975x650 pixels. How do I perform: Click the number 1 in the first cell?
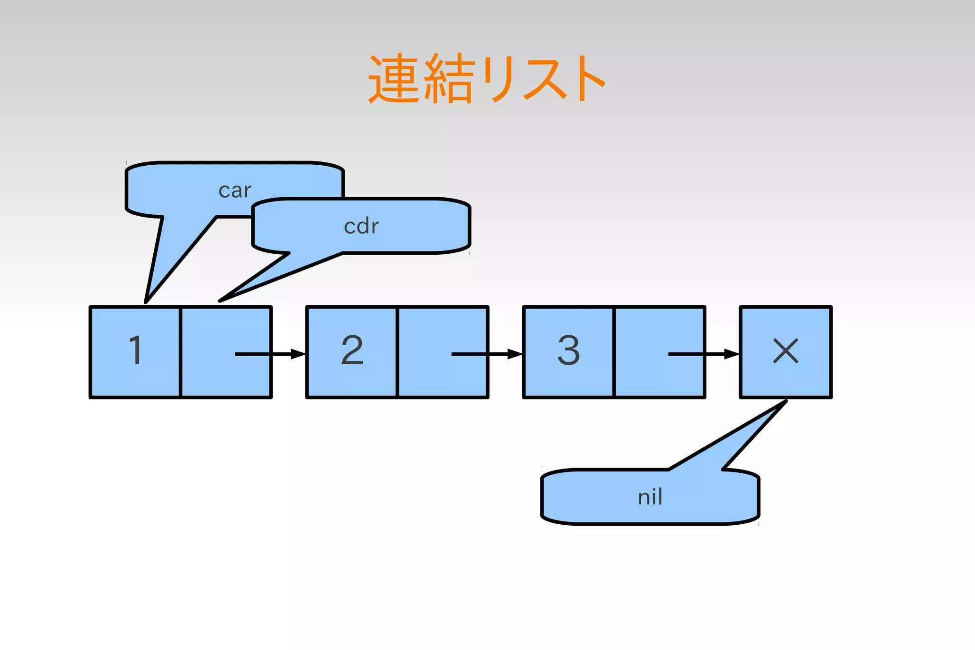point(136,350)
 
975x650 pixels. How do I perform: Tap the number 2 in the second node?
point(352,350)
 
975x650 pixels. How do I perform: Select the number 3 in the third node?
point(568,350)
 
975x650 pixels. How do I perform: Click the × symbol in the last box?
point(786,351)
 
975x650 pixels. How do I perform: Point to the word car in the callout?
point(235,190)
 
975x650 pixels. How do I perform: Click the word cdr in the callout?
point(361,226)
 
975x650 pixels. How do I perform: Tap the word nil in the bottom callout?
point(650,497)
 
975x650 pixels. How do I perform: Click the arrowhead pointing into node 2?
point(298,354)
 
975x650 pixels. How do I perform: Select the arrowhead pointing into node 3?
point(515,354)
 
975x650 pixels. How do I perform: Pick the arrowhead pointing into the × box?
point(732,354)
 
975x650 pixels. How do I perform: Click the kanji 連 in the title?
point(393,79)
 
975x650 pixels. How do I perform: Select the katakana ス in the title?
point(545,79)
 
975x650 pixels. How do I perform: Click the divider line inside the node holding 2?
point(397,352)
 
